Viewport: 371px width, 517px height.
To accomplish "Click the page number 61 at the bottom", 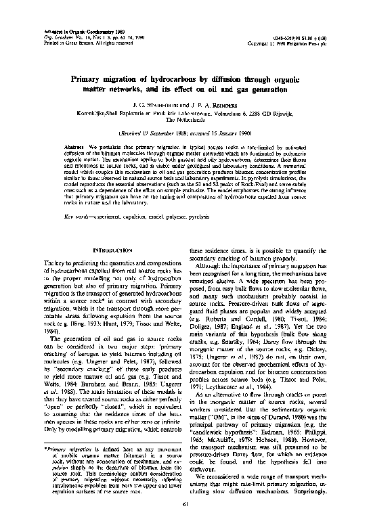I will tap(185, 503).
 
